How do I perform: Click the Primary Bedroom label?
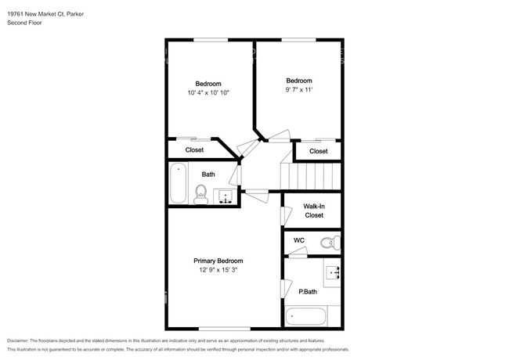tap(218, 261)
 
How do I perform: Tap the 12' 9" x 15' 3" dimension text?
tap(218, 270)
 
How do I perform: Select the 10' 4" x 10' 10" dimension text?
tap(208, 93)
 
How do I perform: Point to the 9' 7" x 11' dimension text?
tap(299, 89)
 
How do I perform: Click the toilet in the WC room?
tap(330, 243)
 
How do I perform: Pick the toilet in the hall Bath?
tap(201, 195)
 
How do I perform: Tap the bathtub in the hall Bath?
tap(179, 183)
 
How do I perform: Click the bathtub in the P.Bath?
tap(305, 316)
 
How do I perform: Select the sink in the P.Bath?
tap(333, 273)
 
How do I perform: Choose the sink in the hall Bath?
tap(226, 196)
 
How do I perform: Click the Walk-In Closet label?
tap(314, 211)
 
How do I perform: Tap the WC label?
tap(299, 240)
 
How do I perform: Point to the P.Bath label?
tap(308, 292)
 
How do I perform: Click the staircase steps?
tap(311, 176)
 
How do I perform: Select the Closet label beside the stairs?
tap(319, 151)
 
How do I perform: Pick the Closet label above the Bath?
tap(194, 149)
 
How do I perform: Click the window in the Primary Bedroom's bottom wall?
tap(225, 329)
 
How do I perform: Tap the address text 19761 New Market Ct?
tap(36, 14)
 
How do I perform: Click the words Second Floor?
tap(24, 23)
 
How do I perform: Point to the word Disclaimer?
tap(18, 340)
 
